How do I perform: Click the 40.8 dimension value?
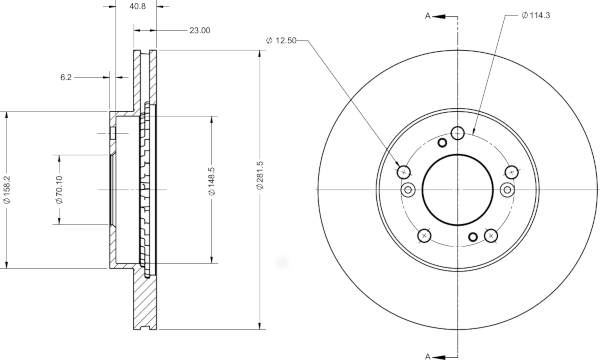point(138,7)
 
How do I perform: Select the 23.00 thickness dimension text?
point(200,30)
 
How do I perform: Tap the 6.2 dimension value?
point(66,77)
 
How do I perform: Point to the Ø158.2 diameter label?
point(7,189)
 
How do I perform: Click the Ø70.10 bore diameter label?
point(59,189)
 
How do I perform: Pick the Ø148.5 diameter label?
point(212,181)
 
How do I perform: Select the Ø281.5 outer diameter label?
point(260,175)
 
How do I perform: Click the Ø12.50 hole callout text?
point(281,40)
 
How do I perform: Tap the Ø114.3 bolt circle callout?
point(536,15)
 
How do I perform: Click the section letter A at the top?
point(428,16)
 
